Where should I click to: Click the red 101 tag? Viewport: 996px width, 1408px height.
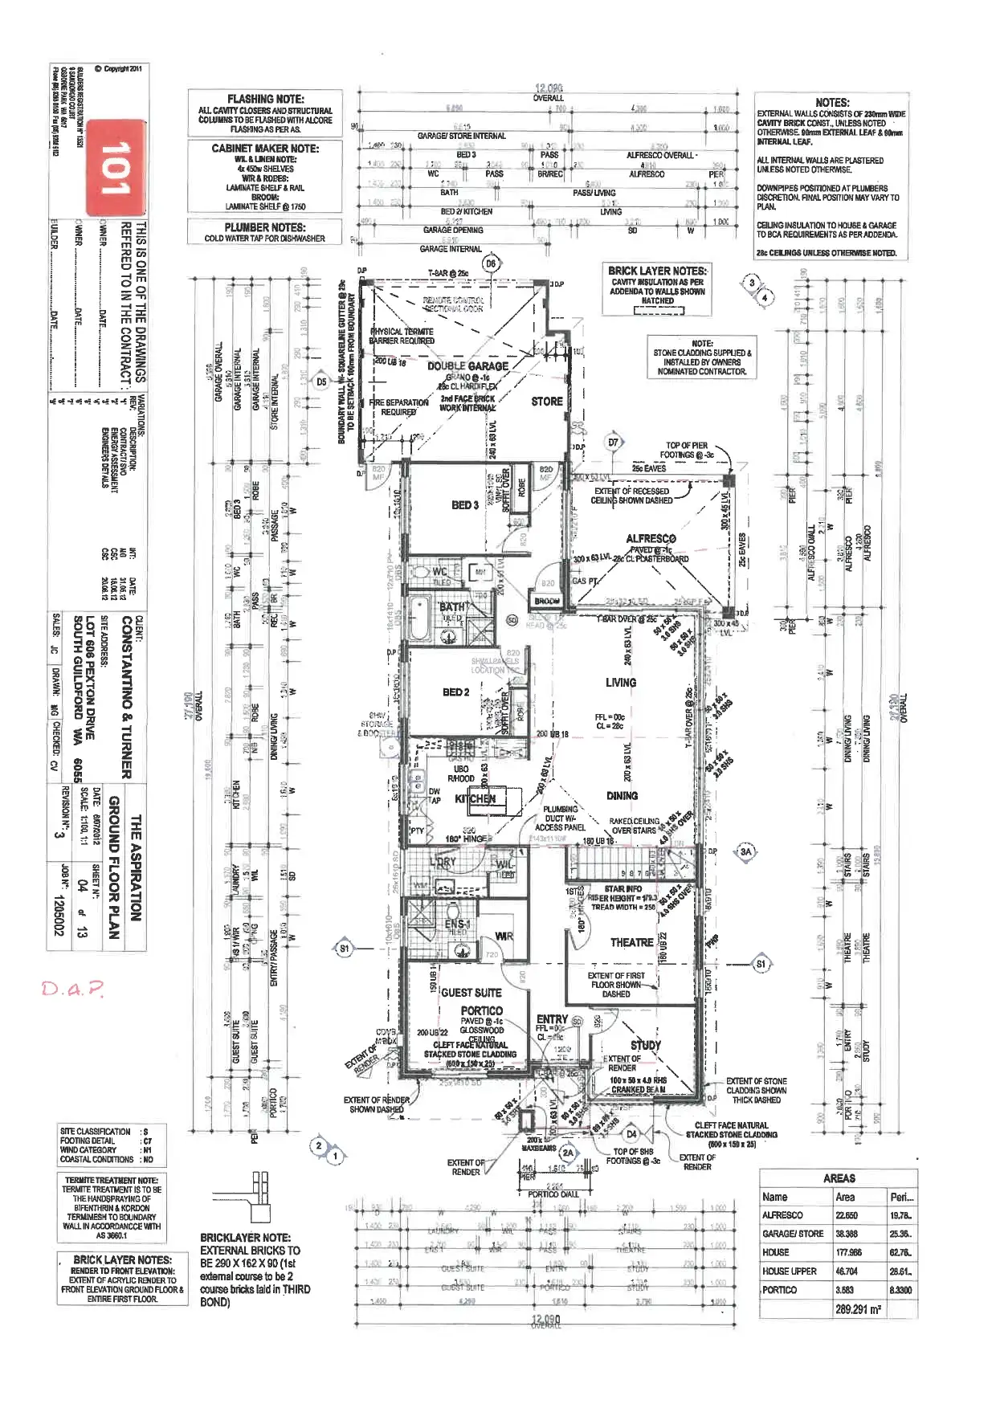(x=116, y=168)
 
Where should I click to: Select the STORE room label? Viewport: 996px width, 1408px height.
(x=547, y=401)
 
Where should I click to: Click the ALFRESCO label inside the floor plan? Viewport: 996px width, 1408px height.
(x=651, y=538)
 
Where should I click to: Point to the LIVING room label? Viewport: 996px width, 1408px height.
(x=621, y=682)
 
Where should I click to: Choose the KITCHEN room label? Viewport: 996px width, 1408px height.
(x=476, y=798)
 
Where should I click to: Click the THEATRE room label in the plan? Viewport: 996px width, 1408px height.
(x=631, y=942)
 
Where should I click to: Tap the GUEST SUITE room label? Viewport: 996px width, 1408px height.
(x=471, y=993)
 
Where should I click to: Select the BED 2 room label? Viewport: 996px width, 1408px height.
(x=456, y=692)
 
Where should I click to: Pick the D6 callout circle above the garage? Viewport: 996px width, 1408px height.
(x=491, y=263)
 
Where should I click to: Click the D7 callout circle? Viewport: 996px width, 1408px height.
(x=614, y=442)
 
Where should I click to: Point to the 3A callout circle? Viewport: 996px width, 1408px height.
(x=746, y=851)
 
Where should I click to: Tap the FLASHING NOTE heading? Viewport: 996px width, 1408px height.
(x=265, y=99)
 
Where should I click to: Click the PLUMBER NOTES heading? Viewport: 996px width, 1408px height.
(x=265, y=227)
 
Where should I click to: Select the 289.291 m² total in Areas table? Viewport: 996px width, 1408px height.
(x=858, y=1308)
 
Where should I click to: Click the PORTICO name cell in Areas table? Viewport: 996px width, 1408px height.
(x=780, y=1290)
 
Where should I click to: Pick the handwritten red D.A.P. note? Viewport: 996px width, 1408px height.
(x=73, y=987)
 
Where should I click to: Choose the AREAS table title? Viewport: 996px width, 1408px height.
(x=839, y=1178)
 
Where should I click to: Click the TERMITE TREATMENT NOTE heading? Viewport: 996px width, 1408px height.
(x=112, y=1180)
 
